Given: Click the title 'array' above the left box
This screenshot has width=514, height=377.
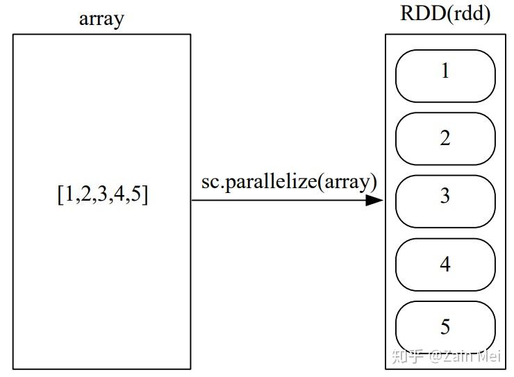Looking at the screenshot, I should [x=101, y=18].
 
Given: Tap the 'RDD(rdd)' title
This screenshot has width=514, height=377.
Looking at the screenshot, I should [x=445, y=15].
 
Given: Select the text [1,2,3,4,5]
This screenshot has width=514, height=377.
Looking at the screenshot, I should [x=102, y=195].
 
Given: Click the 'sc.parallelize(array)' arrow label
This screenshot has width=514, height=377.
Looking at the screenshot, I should [x=289, y=182].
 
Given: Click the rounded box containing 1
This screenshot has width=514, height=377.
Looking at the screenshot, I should [x=445, y=76].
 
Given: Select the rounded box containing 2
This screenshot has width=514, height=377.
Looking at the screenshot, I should [x=445, y=138].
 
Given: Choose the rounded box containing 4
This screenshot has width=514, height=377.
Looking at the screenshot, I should [x=445, y=265].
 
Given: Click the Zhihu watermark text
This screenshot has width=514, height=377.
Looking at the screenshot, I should [x=445, y=357].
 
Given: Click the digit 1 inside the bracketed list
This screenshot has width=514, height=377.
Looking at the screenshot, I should [x=68, y=195].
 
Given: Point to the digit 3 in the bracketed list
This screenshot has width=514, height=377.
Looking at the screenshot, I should [x=102, y=195].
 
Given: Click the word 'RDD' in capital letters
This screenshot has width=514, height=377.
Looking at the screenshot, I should [x=422, y=15].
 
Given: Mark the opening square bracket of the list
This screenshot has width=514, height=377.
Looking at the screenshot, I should [x=60, y=195].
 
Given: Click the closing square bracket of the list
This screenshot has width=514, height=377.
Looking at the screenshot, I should [x=144, y=195].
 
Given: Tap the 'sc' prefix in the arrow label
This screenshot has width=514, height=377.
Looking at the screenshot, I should [x=208, y=183].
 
